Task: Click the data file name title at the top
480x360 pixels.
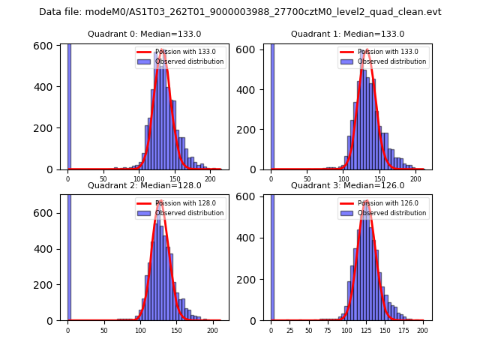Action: pyautogui.click(x=240, y=12)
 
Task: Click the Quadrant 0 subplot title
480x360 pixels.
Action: pyautogui.click(x=145, y=34)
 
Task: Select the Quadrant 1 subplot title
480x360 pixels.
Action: pyautogui.click(x=347, y=34)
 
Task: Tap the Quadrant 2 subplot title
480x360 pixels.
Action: pyautogui.click(x=145, y=185)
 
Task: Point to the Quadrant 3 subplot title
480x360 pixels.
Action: pyautogui.click(x=347, y=185)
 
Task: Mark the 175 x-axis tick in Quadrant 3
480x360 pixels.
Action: pyautogui.click(x=403, y=330)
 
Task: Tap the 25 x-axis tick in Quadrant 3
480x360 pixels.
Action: pyautogui.click(x=289, y=330)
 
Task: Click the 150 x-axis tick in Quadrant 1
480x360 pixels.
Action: pyautogui.click(x=379, y=179)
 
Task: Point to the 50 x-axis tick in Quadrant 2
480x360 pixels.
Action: pyautogui.click(x=103, y=330)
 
